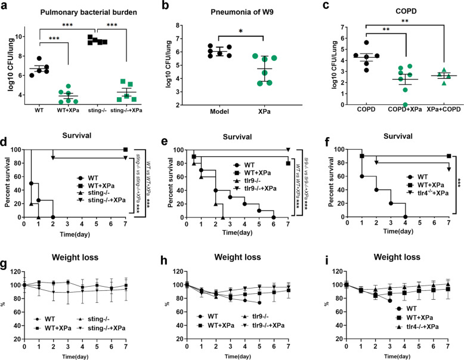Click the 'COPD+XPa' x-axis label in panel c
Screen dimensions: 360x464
point(395,111)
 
